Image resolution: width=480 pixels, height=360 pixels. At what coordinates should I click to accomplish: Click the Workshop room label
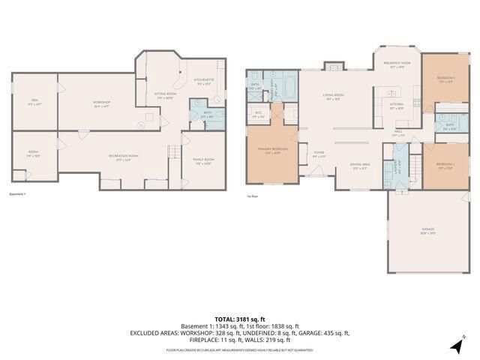[102, 103]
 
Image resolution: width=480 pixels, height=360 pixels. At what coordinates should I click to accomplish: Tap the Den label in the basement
[34, 103]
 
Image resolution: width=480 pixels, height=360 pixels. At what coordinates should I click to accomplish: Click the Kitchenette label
[204, 80]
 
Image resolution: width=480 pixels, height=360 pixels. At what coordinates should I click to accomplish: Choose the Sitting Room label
[164, 94]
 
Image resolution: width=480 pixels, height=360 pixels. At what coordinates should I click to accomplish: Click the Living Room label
[333, 96]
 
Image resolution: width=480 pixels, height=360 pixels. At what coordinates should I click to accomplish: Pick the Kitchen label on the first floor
[397, 105]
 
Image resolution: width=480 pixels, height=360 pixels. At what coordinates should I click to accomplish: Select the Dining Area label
[359, 166]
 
